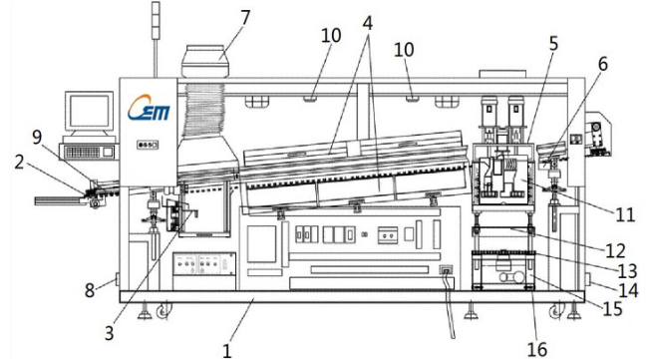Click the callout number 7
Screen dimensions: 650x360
[x=246, y=18]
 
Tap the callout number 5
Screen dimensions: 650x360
[x=554, y=44]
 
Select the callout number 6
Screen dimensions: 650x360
[x=602, y=64]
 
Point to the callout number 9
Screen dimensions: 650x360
[x=37, y=138]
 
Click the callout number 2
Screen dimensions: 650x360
[x=19, y=163]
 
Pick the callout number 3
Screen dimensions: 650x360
[x=109, y=333]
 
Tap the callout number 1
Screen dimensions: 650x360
[x=226, y=351]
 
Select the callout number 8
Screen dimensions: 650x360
[x=90, y=290]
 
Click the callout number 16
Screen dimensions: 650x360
[x=536, y=349]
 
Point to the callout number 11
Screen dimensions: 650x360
[x=625, y=214]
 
